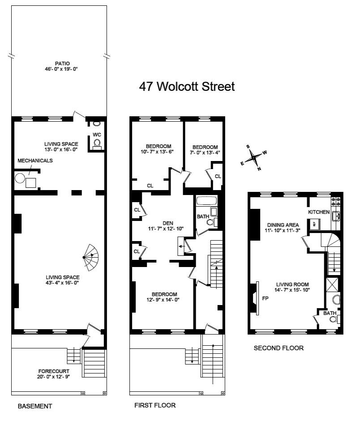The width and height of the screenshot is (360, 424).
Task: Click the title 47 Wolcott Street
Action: [187, 86]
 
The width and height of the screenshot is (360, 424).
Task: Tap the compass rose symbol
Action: [253, 157]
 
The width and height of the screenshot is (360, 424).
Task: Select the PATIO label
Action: [62, 64]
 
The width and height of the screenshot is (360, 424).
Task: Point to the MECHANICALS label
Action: [35, 161]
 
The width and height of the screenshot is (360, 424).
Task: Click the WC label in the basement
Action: [97, 135]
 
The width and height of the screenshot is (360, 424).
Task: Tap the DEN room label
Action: [168, 223]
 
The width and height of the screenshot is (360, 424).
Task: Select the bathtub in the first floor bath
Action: [207, 201]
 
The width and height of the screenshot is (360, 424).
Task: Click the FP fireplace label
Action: [265, 298]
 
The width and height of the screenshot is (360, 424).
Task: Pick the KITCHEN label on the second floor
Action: [319, 212]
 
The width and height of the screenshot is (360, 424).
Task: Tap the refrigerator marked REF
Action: [314, 224]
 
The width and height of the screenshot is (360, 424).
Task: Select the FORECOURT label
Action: [54, 371]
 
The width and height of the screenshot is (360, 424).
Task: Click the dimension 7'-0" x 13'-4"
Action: [205, 152]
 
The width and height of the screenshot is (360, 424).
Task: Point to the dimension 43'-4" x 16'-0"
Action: [62, 283]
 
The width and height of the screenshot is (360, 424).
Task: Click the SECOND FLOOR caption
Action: [279, 348]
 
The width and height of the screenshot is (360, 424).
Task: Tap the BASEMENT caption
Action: [34, 406]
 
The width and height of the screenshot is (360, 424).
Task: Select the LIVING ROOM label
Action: [292, 284]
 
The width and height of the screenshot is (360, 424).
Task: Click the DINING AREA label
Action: [283, 225]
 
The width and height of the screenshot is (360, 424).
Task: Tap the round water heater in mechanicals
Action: [20, 178]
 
